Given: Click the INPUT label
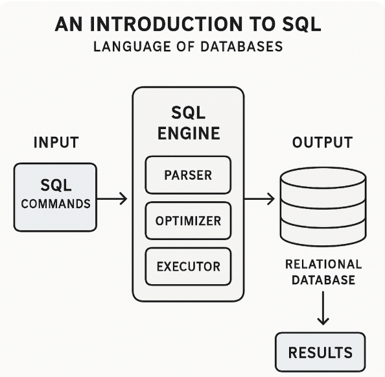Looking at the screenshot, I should (x=56, y=142).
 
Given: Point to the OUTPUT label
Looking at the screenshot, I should (x=322, y=142).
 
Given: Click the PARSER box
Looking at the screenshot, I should (x=188, y=175).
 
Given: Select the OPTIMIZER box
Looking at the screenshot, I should (x=188, y=221).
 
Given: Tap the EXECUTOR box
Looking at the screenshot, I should (x=188, y=266).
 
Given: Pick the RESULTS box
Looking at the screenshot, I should (x=320, y=352).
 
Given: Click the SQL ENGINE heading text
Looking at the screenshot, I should (x=188, y=123).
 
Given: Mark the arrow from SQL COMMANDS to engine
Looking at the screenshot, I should (x=113, y=199).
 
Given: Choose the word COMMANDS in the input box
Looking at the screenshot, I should (x=56, y=203).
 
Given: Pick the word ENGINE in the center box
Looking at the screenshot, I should (x=188, y=134).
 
